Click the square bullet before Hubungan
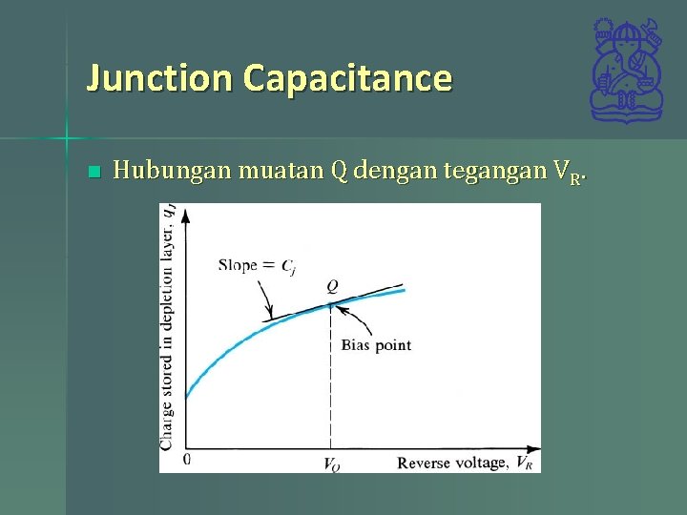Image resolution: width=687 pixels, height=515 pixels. (93, 173)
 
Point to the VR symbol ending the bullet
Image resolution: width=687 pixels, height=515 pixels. (567, 174)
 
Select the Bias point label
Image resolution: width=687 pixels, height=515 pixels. (376, 344)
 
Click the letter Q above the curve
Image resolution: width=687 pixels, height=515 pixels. (332, 286)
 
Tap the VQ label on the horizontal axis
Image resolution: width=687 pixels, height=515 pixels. (331, 465)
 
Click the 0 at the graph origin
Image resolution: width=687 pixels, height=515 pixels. (186, 460)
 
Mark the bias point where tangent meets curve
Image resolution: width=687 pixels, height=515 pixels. (331, 304)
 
